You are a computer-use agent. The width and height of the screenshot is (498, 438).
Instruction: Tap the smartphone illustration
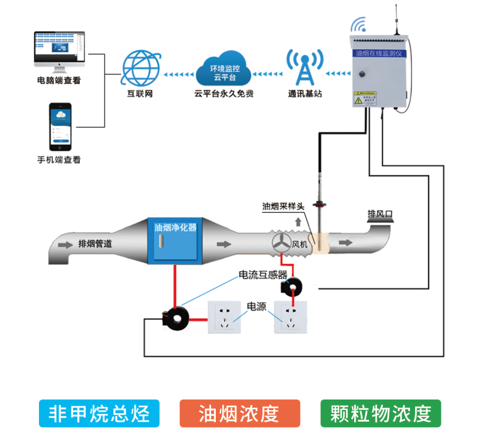(61, 127)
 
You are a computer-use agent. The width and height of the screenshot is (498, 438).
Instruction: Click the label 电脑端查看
(59, 81)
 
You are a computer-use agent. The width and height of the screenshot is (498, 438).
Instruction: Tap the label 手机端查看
(59, 160)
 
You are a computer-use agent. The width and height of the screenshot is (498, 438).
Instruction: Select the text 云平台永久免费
(224, 94)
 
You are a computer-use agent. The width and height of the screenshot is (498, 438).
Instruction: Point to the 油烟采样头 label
(283, 206)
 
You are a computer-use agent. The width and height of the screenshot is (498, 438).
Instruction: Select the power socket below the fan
(292, 317)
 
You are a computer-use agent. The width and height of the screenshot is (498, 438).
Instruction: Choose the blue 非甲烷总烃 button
(99, 413)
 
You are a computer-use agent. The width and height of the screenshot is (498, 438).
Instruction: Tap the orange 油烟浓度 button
(239, 413)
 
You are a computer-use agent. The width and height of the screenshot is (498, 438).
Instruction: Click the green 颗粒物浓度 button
(381, 413)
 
